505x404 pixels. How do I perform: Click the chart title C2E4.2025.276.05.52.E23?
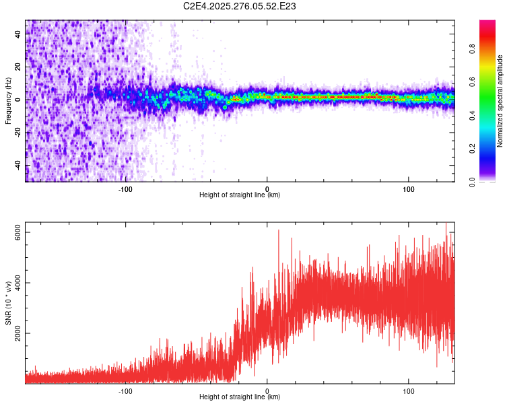(x=240, y=6)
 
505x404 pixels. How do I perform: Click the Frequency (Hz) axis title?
(x=8, y=100)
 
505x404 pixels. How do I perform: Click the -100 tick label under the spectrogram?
(x=125, y=188)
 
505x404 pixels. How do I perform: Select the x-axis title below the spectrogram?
(x=240, y=195)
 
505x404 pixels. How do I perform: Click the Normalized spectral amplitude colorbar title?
(x=500, y=101)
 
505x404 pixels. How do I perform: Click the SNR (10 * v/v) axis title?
(x=8, y=303)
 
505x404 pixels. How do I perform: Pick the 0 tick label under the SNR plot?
(x=267, y=390)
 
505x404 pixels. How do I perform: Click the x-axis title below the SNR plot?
(x=240, y=397)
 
